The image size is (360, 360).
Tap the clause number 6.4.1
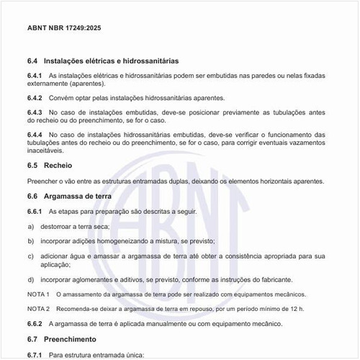(x=35, y=76)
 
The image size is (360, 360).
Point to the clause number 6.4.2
(x=35, y=98)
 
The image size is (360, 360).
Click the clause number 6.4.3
(x=35, y=113)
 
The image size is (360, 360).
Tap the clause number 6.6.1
(x=35, y=211)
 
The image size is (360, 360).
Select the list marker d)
(x=31, y=279)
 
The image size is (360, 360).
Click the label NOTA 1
(x=38, y=294)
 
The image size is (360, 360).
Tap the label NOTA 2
(x=38, y=308)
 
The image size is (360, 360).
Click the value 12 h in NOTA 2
(x=296, y=308)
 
